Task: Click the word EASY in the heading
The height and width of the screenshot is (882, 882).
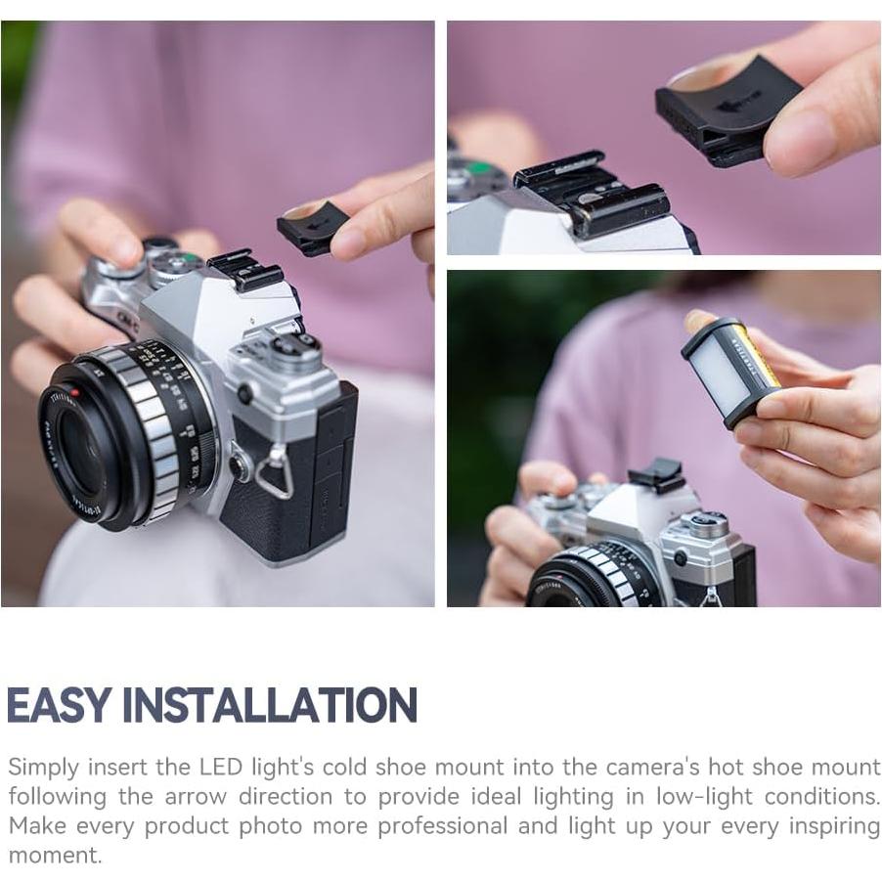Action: [x=62, y=705]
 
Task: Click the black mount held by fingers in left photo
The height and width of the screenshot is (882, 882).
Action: [x=311, y=228]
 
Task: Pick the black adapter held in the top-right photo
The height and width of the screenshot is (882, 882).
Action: [x=725, y=111]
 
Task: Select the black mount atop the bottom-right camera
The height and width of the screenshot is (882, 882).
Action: [x=656, y=477]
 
